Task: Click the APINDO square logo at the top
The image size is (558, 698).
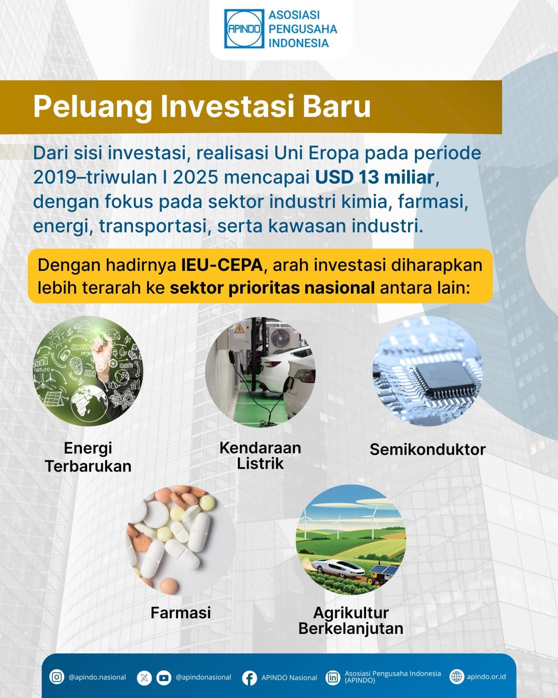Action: click(x=244, y=29)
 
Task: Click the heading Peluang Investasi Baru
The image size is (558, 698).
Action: click(x=202, y=107)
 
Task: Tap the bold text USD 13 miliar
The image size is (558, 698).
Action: click(x=374, y=177)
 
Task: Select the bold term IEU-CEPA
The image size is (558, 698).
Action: click(x=222, y=265)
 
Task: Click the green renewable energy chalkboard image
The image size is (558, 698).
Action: click(x=88, y=371)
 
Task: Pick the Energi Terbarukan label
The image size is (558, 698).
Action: click(x=88, y=457)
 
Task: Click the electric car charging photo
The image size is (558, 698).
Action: click(x=260, y=372)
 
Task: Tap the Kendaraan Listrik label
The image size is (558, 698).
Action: click(x=260, y=455)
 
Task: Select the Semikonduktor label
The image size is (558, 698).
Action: click(x=427, y=449)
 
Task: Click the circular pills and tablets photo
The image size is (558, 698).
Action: click(x=180, y=541)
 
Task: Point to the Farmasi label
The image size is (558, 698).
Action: click(x=180, y=612)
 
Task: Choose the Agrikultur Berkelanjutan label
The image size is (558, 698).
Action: click(x=351, y=620)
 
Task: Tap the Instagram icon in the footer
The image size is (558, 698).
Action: click(x=57, y=677)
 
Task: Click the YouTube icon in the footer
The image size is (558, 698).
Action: click(x=164, y=677)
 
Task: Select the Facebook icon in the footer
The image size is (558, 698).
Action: click(x=249, y=678)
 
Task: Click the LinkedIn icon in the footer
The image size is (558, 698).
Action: click(x=333, y=677)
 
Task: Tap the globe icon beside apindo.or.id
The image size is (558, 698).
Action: click(x=456, y=677)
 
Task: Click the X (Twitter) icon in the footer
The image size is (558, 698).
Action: click(x=144, y=677)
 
